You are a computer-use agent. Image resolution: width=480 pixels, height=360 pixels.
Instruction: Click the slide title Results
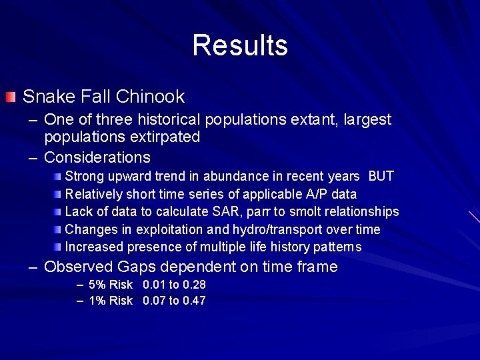240,45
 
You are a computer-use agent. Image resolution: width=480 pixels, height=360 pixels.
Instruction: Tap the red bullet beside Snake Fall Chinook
9,98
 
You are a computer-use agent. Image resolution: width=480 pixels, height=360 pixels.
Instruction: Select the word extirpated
167,137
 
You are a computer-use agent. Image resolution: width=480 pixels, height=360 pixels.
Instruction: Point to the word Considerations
97,157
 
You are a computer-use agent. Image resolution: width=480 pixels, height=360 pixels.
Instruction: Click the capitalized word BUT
381,177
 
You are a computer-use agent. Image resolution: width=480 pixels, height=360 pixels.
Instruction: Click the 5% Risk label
111,285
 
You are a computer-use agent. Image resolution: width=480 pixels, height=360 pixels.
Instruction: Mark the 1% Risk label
111,301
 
